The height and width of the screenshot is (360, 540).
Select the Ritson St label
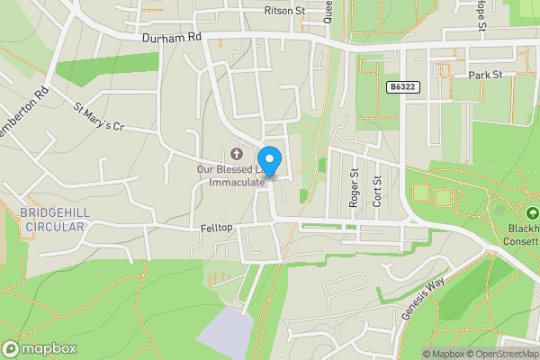[285, 11]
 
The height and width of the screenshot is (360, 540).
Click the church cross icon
[237, 153]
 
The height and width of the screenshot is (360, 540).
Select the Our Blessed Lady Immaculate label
[232, 175]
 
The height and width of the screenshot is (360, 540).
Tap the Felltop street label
[218, 230]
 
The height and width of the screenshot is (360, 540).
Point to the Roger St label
[355, 189]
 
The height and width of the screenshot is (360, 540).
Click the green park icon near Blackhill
[533, 213]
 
